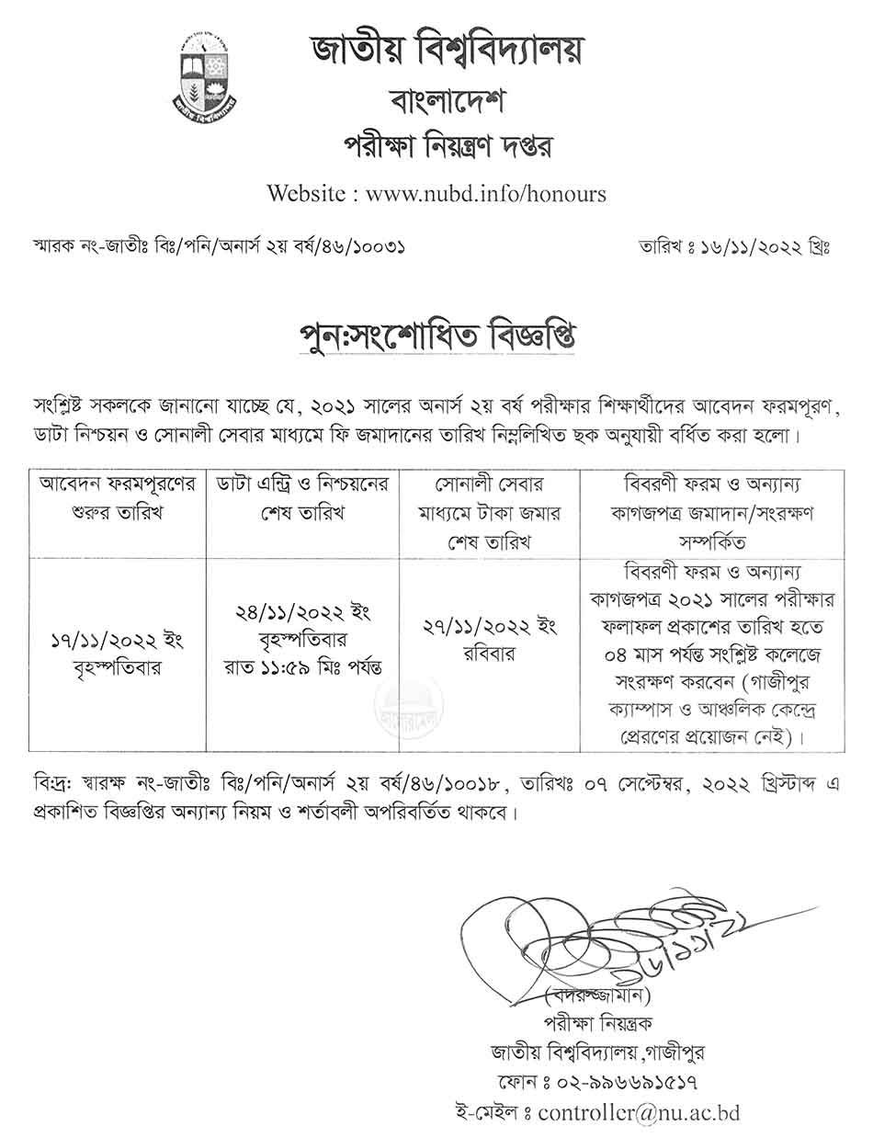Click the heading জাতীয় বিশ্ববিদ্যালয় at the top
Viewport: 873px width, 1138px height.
[436, 51]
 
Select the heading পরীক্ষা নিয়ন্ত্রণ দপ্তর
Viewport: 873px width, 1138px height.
[436, 146]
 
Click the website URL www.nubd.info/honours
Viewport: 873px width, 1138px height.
[486, 194]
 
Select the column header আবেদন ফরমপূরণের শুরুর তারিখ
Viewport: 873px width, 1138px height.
[117, 498]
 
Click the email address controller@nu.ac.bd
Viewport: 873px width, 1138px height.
[639, 1112]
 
